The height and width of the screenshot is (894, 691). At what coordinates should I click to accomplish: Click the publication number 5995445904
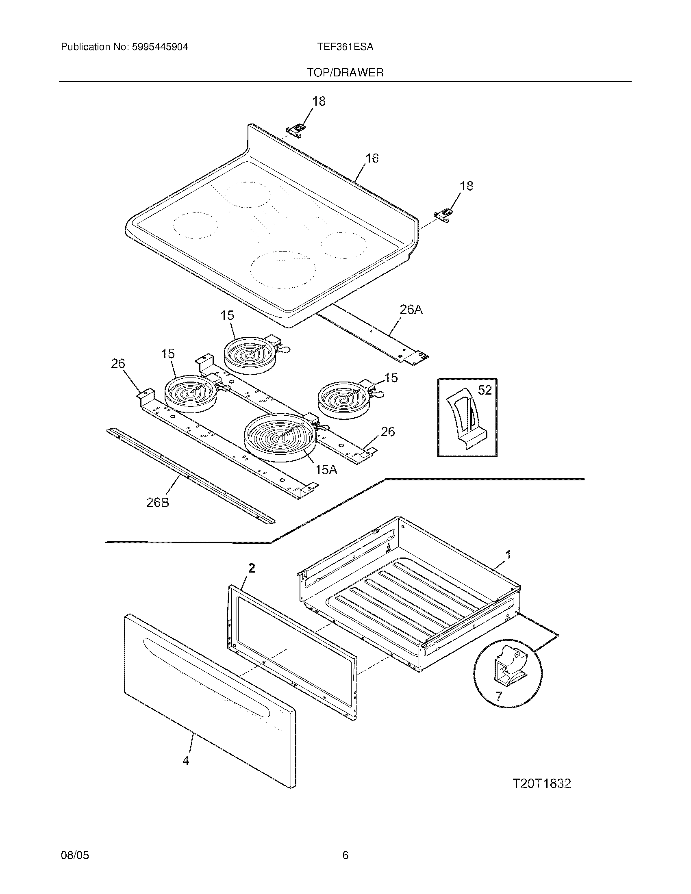tap(159, 47)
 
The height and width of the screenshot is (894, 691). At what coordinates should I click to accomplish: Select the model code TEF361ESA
tap(345, 47)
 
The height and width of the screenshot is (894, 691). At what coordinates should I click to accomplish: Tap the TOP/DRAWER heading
tap(345, 73)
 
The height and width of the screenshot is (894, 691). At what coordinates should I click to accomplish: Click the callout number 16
tap(372, 158)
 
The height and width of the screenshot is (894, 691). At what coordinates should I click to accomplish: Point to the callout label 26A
tap(411, 310)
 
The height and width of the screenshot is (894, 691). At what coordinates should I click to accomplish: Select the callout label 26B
tap(158, 503)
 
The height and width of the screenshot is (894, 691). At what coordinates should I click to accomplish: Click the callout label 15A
tap(326, 470)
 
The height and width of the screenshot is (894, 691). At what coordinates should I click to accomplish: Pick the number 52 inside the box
tap(485, 390)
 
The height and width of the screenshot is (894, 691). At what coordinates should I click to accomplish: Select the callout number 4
tap(186, 760)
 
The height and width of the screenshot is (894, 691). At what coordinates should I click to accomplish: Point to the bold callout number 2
tap(252, 568)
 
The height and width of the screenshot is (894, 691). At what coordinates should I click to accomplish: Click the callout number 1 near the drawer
tap(508, 555)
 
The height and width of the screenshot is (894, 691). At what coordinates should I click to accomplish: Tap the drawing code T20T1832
tap(541, 783)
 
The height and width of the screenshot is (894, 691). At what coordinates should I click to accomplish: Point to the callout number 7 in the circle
tap(499, 696)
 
